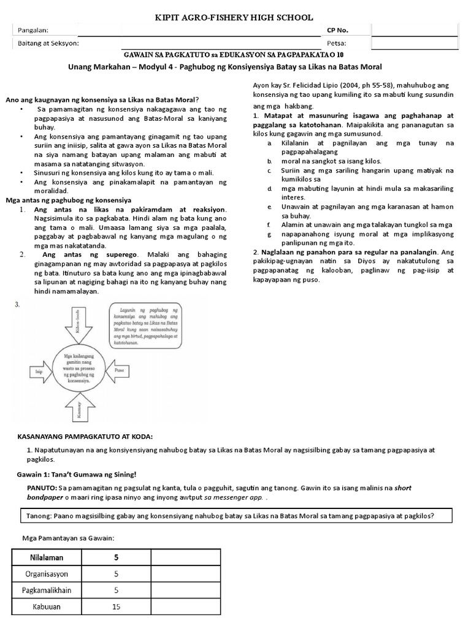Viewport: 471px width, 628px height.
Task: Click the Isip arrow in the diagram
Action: click(x=39, y=371)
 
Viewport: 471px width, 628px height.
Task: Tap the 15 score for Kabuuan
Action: click(x=117, y=607)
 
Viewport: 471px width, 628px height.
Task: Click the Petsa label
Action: click(x=337, y=44)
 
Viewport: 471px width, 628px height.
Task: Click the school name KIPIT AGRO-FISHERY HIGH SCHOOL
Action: click(x=234, y=18)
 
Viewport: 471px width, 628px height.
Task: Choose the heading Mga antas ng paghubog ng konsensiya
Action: click(x=68, y=200)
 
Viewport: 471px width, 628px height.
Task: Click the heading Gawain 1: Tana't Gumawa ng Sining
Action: click(x=75, y=474)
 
